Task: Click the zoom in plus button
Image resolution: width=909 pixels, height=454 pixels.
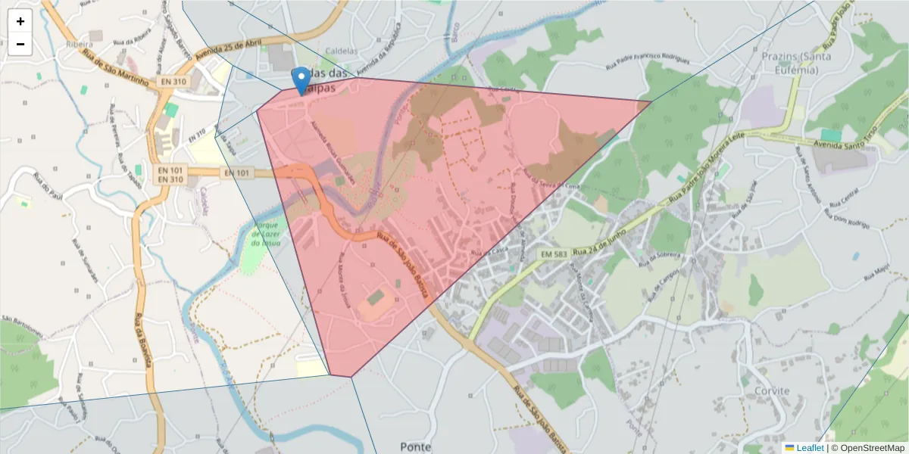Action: point(20,21)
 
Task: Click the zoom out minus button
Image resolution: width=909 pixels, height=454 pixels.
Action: point(20,44)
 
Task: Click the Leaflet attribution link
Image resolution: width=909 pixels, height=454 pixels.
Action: point(809,448)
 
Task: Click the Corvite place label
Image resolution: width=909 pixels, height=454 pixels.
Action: point(772,391)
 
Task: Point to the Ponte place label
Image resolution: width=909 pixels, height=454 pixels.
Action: point(415,446)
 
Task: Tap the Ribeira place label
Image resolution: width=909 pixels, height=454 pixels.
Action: point(79,44)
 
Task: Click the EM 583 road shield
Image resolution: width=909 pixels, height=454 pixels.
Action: point(555,255)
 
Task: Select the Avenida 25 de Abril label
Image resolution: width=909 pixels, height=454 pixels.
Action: point(226,50)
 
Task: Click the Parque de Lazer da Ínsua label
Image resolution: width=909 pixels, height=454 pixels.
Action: point(268,235)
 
